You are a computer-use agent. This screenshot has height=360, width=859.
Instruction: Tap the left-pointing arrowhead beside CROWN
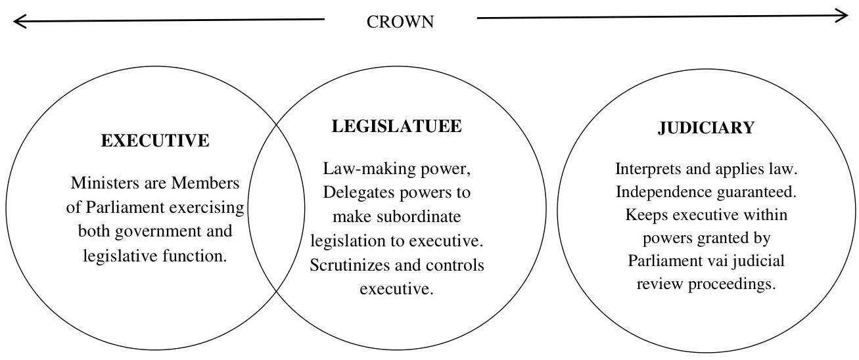pos(19,22)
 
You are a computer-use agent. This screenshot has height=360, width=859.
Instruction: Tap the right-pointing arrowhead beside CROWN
pos(843,16)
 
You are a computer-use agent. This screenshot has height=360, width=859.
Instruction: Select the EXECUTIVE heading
pos(154,140)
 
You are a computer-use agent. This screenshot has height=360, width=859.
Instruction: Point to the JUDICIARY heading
pos(706,129)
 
